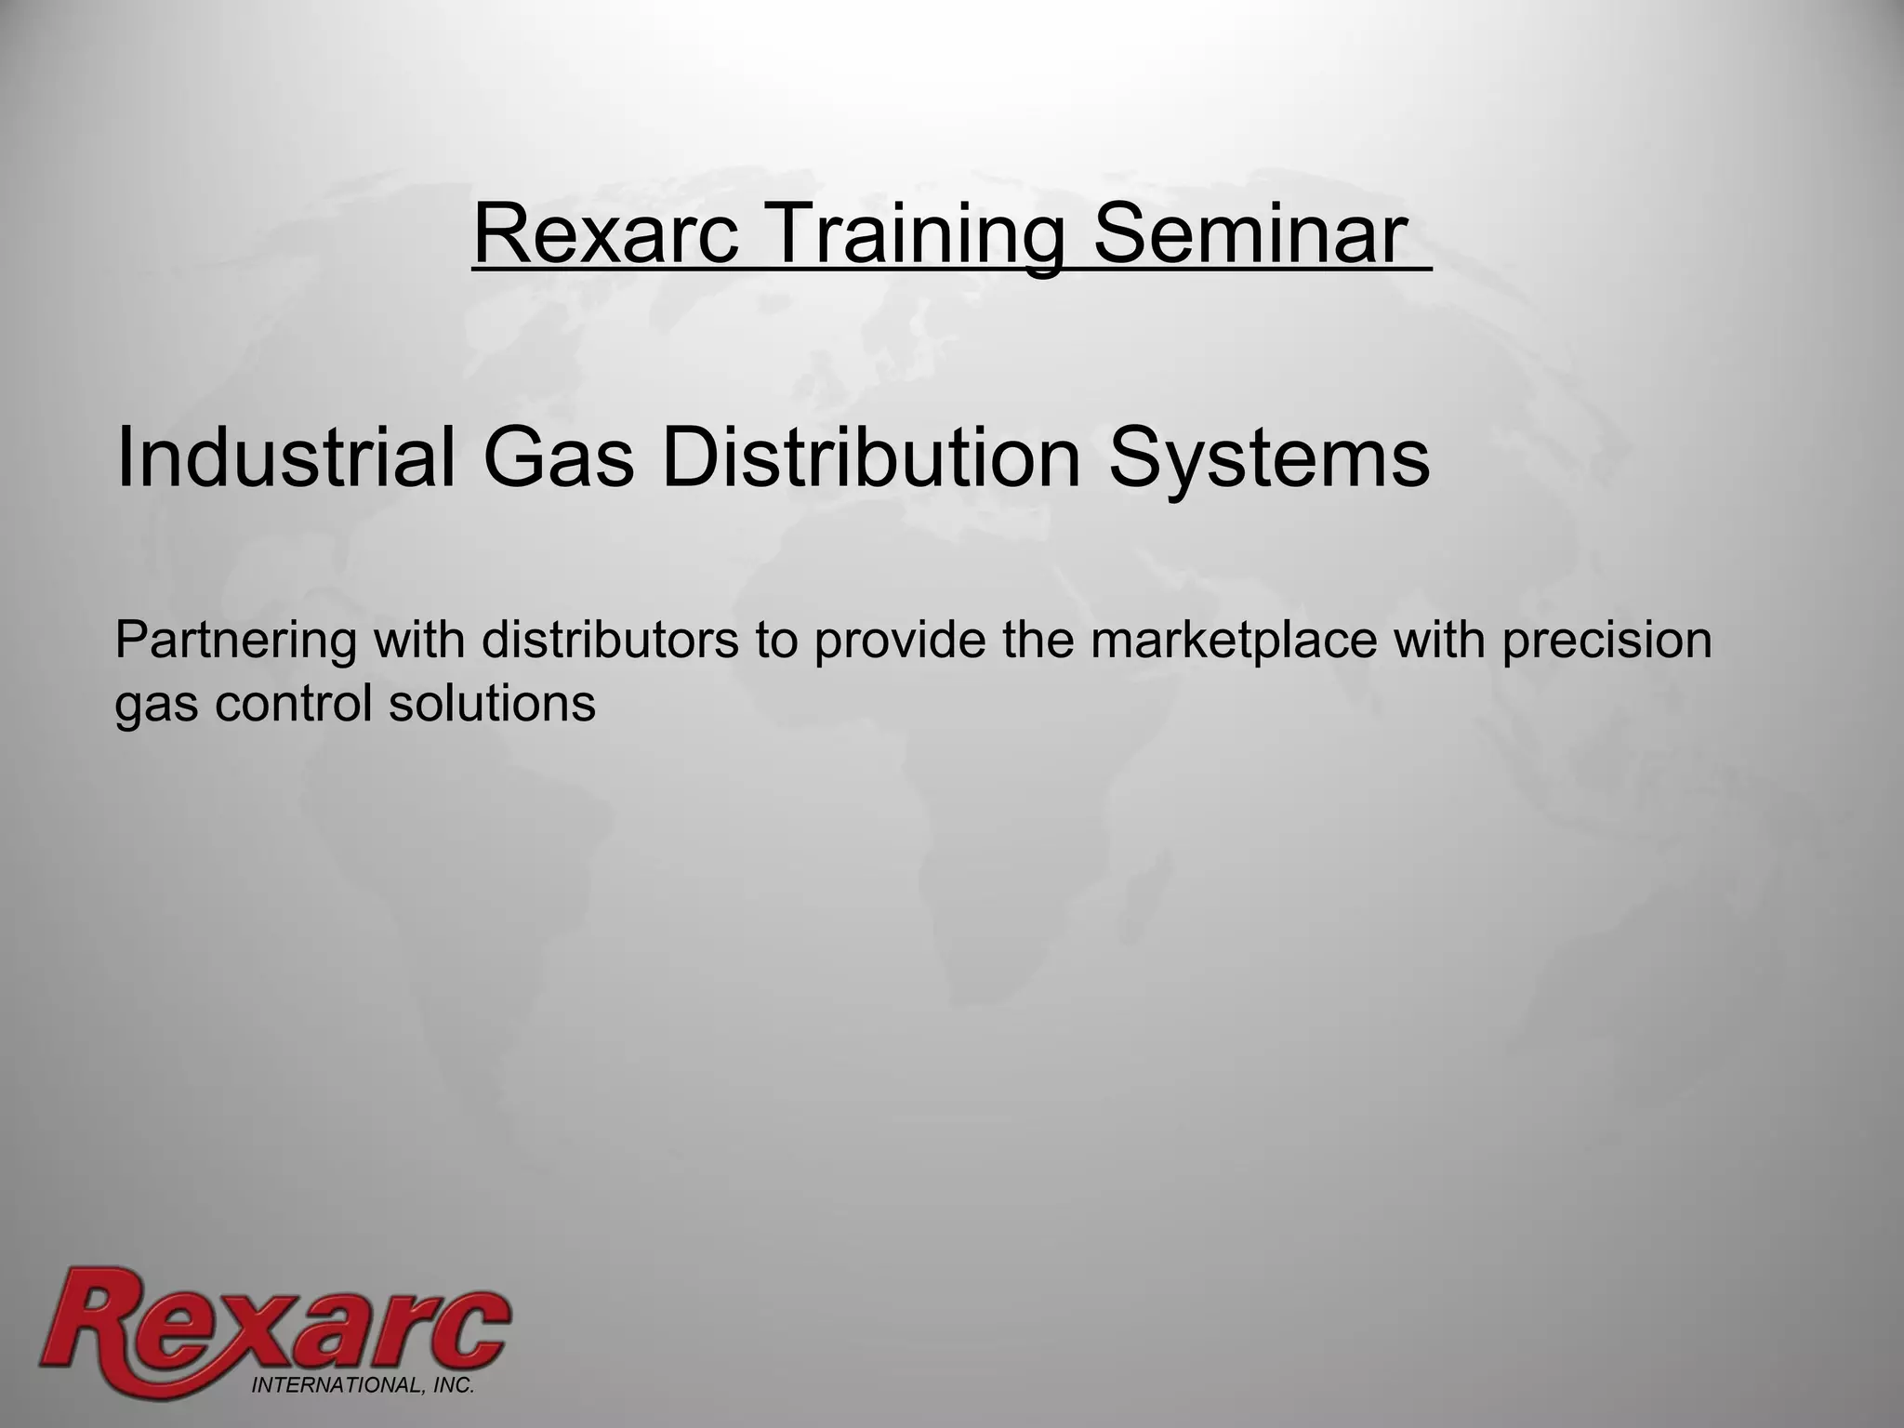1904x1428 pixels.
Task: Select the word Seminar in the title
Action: [1248, 236]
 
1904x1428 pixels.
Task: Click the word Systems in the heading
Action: [1269, 461]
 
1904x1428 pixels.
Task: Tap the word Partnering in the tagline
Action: [235, 642]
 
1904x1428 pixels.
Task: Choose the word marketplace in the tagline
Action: [1234, 642]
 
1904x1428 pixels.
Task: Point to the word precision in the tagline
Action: [1606, 642]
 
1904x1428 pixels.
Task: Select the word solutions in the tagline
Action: [492, 703]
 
